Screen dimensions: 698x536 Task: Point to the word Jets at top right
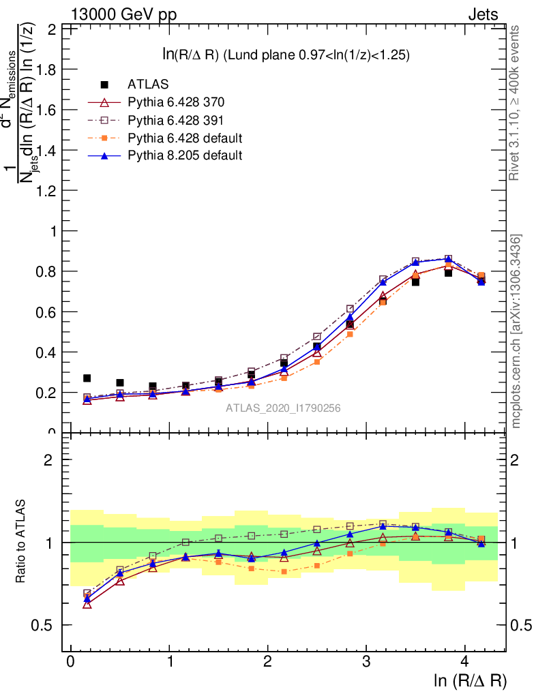[x=483, y=14]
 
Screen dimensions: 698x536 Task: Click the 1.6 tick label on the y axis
[x=48, y=110]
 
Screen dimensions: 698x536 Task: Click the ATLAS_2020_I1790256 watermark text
[x=283, y=408]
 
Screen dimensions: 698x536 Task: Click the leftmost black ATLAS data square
[x=87, y=378]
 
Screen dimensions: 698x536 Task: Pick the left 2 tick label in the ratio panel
[x=48, y=460]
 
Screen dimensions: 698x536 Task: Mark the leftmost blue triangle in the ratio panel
[x=87, y=598]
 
